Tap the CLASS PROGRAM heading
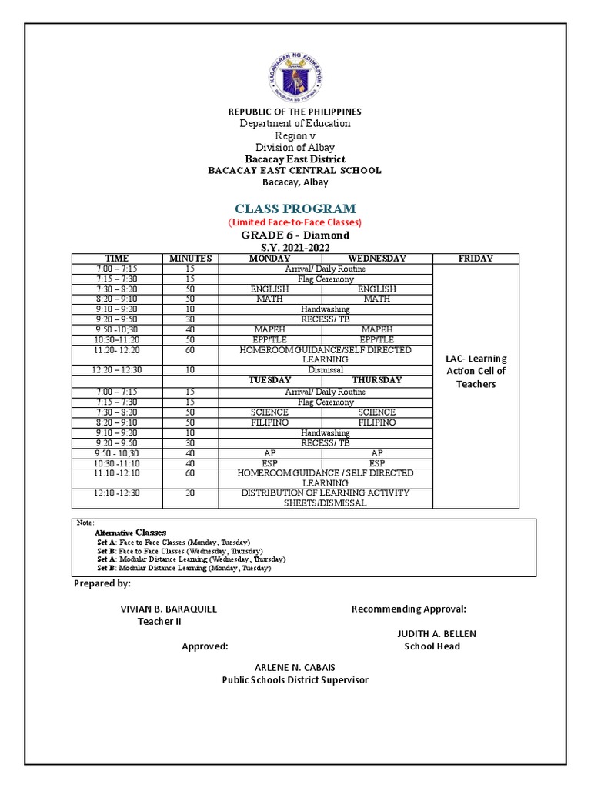pyautogui.click(x=295, y=209)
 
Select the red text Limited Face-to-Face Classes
pyautogui.click(x=295, y=222)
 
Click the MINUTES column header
pyautogui.click(x=190, y=259)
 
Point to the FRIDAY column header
pyautogui.click(x=476, y=259)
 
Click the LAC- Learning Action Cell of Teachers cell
pyautogui.click(x=476, y=371)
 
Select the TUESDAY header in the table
pyautogui.click(x=269, y=380)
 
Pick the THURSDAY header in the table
pyautogui.click(x=377, y=380)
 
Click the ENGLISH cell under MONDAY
pyautogui.click(x=269, y=289)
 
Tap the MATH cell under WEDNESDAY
pyautogui.click(x=377, y=299)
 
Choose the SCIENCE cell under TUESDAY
pyautogui.click(x=269, y=412)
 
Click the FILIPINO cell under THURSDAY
pyautogui.click(x=377, y=422)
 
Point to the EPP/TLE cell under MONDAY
pyautogui.click(x=269, y=339)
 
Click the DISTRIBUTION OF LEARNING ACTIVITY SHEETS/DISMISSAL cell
pyautogui.click(x=326, y=498)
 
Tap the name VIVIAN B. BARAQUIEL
pyautogui.click(x=169, y=609)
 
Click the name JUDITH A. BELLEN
pyautogui.click(x=436, y=633)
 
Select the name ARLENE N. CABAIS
pyautogui.click(x=295, y=667)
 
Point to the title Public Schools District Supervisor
pyautogui.click(x=295, y=680)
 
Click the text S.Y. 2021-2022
pyautogui.click(x=295, y=248)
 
